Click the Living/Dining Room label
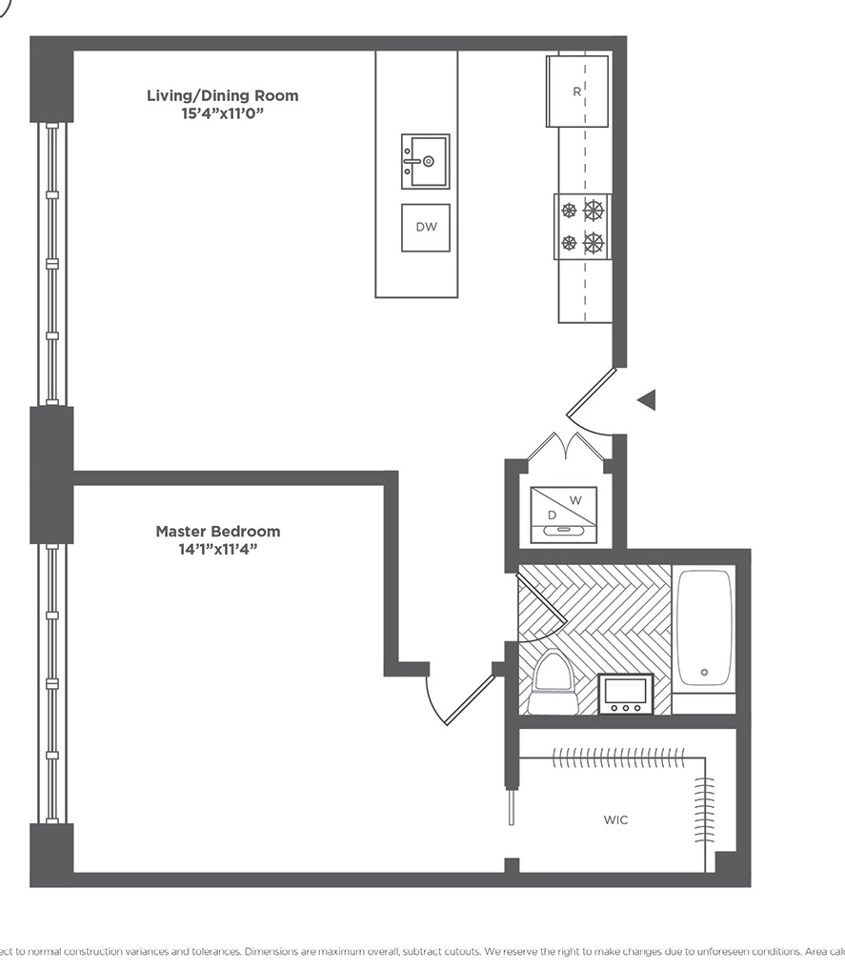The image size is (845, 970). point(222,95)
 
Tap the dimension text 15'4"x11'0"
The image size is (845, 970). point(222,113)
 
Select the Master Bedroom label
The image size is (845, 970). point(218,532)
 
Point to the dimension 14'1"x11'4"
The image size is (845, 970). point(218,550)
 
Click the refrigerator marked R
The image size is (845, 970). point(577,91)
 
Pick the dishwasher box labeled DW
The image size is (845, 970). point(426,228)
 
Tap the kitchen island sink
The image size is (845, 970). point(425,161)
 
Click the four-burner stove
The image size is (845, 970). point(582,227)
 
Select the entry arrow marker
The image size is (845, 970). point(647,400)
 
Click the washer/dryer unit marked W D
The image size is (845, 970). point(563,515)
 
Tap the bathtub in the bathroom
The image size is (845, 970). point(704,628)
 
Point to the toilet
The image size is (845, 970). point(553,681)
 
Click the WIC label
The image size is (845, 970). point(615,820)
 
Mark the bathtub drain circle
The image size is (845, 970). point(704,672)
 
